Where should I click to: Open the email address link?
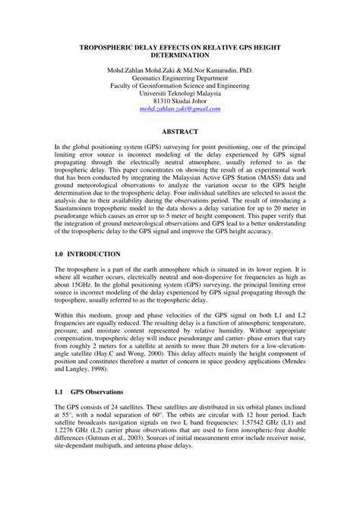coord(180,109)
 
